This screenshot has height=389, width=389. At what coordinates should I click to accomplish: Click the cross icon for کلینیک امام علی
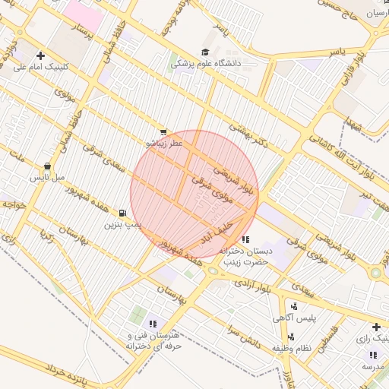[40, 55]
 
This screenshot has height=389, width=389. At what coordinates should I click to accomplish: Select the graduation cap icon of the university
[205, 52]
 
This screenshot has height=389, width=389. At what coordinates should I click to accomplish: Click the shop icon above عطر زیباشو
[163, 132]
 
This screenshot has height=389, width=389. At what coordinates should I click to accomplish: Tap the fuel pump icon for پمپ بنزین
[122, 213]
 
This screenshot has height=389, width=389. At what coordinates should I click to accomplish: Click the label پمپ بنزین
[122, 225]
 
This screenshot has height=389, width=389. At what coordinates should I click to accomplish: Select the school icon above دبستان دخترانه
[244, 240]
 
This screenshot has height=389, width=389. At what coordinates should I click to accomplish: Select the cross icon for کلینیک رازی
[376, 327]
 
